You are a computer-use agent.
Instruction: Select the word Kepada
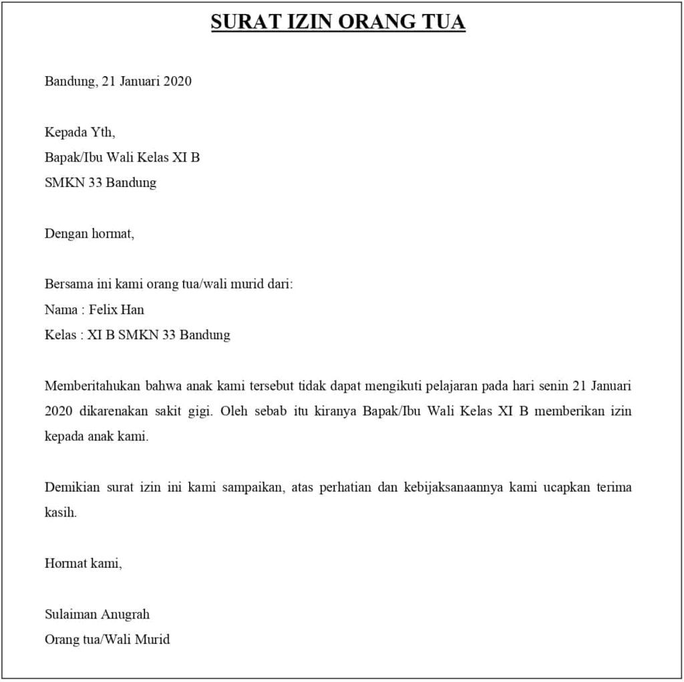tap(65, 132)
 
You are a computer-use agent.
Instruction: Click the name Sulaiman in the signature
tap(70, 614)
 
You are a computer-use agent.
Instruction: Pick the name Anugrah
tap(126, 615)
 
